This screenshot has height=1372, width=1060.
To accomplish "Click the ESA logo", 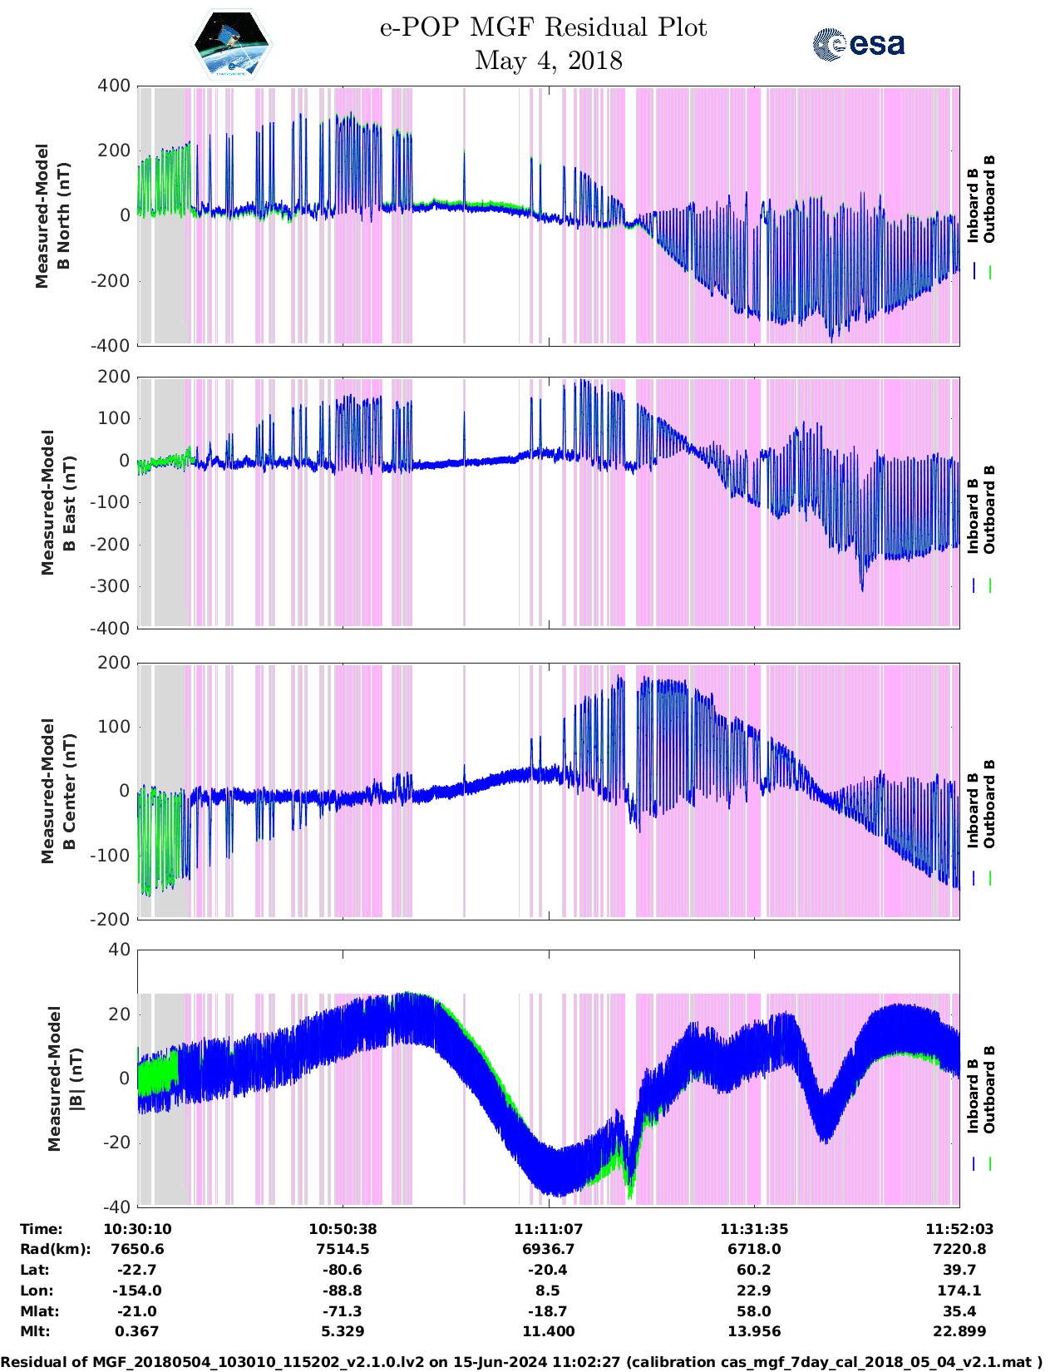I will (x=859, y=44).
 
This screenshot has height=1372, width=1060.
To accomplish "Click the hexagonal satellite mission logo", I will (x=232, y=44).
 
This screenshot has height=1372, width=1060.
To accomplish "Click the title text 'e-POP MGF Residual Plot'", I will (x=543, y=27).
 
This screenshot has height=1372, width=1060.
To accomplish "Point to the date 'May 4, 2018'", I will (x=548, y=61).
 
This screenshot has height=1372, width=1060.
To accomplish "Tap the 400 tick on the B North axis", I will (x=114, y=86).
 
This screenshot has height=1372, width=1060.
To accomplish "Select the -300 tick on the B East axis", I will (x=112, y=586).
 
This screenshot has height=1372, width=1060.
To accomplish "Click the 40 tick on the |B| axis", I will (x=120, y=950).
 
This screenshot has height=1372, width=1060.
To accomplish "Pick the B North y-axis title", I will (x=52, y=216).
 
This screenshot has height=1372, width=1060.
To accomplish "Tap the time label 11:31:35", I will (x=754, y=1229).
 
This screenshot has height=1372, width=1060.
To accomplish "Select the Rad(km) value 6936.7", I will (x=548, y=1249).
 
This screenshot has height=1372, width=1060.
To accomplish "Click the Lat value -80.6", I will (x=343, y=1270).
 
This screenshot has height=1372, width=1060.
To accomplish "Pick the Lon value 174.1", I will (x=959, y=1291).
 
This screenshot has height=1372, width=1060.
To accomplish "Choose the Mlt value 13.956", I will (x=754, y=1331).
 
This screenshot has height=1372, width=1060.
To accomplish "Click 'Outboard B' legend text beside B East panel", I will (x=989, y=510).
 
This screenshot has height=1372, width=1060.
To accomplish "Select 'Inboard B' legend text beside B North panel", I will (x=973, y=205).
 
